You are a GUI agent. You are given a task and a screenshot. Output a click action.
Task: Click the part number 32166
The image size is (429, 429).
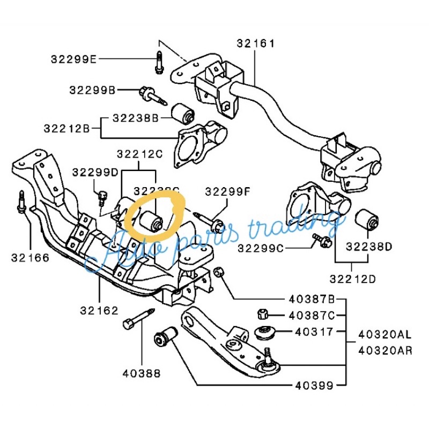click(x=30, y=257)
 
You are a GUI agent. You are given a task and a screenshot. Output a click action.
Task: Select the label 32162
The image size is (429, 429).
click(x=100, y=310)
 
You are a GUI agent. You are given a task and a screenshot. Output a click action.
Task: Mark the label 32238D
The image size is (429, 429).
click(x=369, y=247)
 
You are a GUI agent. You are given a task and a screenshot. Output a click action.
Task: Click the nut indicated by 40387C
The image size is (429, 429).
click(x=263, y=314)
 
